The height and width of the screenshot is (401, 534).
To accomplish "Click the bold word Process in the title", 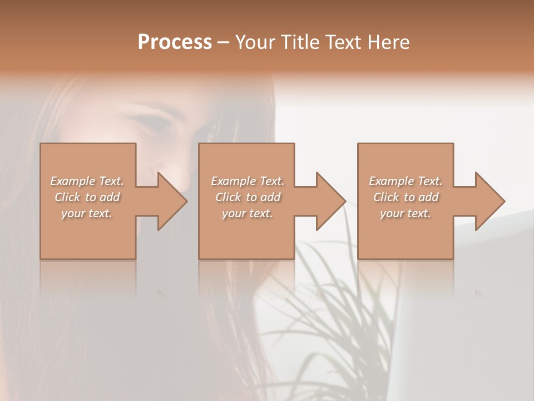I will pos(175,42).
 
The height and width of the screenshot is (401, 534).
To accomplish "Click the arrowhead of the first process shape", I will pos(171,201).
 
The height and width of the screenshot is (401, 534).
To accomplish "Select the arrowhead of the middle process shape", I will pos(330,201).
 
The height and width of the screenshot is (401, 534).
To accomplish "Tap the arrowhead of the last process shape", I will pos(489,201).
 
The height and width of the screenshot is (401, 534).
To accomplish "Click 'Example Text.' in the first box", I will pos(87,181).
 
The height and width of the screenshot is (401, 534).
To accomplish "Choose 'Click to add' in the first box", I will pos(87,197).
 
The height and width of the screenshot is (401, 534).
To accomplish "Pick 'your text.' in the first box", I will pos(87,213).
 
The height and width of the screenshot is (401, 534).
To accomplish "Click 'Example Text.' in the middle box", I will pos(248,181).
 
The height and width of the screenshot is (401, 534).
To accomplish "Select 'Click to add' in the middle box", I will pos(248,197).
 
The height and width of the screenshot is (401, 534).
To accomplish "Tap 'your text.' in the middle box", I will pos(248,213).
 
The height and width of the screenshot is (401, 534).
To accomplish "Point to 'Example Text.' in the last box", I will pos(406,181).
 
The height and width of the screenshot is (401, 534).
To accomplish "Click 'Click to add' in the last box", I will pos(406,197).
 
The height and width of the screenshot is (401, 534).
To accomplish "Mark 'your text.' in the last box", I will pos(406,213).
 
